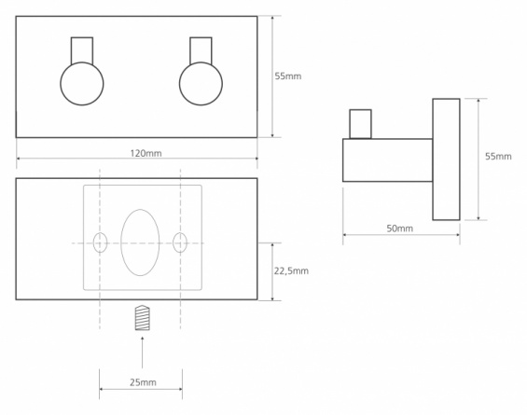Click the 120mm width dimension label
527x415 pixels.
(x=146, y=153)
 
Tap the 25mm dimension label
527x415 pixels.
(x=143, y=382)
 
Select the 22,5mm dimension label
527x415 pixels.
(x=291, y=270)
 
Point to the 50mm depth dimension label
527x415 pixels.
(x=399, y=228)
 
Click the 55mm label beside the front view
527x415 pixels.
(x=288, y=76)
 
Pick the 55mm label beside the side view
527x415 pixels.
(x=498, y=157)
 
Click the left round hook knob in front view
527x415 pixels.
(x=82, y=84)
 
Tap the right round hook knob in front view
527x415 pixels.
(x=201, y=84)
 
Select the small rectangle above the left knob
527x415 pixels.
(x=82, y=50)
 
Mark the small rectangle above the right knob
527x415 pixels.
(x=201, y=50)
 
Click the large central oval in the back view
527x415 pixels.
(x=140, y=242)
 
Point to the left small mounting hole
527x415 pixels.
(x=100, y=242)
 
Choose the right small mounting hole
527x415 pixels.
(x=180, y=242)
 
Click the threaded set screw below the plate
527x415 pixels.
(x=142, y=318)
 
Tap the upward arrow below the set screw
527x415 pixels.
(x=142, y=352)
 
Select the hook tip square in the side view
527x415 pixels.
(x=360, y=124)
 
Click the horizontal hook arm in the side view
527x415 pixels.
(x=387, y=160)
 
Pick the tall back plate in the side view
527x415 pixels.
(x=447, y=159)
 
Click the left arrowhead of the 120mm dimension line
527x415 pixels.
(x=19, y=158)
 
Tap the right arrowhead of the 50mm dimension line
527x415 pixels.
(x=457, y=235)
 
